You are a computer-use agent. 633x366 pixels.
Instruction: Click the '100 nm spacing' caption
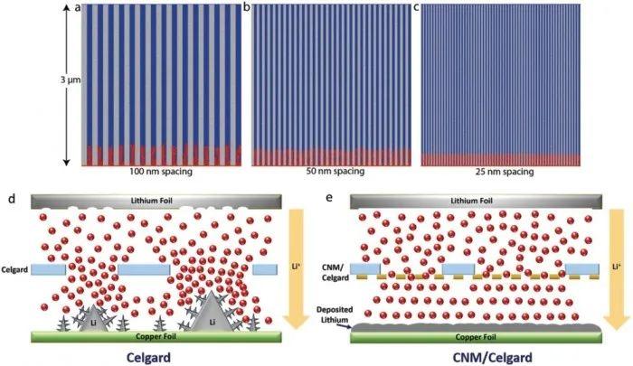click(161, 172)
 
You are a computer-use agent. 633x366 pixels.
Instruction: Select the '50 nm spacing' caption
click(335, 171)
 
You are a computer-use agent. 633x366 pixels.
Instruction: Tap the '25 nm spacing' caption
click(505, 172)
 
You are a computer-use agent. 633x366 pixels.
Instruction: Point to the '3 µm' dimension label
click(71, 80)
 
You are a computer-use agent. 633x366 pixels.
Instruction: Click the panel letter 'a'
click(78, 7)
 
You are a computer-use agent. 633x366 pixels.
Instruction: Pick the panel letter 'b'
click(247, 7)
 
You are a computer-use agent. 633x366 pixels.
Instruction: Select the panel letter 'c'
click(416, 7)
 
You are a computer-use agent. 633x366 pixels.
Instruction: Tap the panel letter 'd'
click(12, 198)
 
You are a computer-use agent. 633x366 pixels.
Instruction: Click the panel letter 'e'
click(329, 198)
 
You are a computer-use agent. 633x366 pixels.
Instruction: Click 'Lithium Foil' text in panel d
click(151, 201)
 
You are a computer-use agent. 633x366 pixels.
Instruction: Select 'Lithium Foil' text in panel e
click(471, 201)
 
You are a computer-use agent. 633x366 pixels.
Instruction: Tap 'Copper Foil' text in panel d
click(156, 336)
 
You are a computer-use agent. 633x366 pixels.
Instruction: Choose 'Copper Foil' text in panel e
click(476, 337)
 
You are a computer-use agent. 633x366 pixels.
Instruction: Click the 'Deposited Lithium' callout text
click(335, 314)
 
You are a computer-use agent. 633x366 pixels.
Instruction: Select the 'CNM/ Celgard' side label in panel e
click(335, 272)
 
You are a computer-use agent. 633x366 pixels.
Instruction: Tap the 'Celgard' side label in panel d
click(14, 269)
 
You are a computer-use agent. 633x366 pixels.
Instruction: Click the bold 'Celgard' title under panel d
click(148, 357)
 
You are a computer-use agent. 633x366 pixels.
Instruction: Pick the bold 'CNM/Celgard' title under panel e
click(492, 357)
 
